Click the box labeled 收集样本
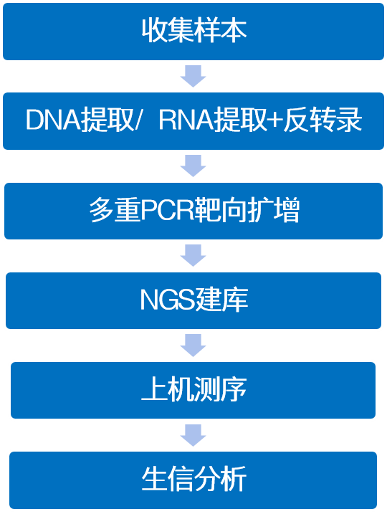[193, 32]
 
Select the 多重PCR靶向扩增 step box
[193, 211]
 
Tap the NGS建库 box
[193, 300]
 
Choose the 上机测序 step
[193, 390]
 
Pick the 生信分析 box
[193, 480]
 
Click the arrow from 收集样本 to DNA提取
[193, 76]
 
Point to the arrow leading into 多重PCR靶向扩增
[193, 166]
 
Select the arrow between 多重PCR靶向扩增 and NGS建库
[193, 255]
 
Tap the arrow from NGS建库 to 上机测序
[193, 346]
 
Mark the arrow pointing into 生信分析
[193, 435]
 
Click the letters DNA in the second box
[53, 120]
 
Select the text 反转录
[322, 120]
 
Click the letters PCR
[168, 210]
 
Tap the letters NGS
[168, 300]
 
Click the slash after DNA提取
[138, 120]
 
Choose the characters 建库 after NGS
[221, 300]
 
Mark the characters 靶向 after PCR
[221, 210]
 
